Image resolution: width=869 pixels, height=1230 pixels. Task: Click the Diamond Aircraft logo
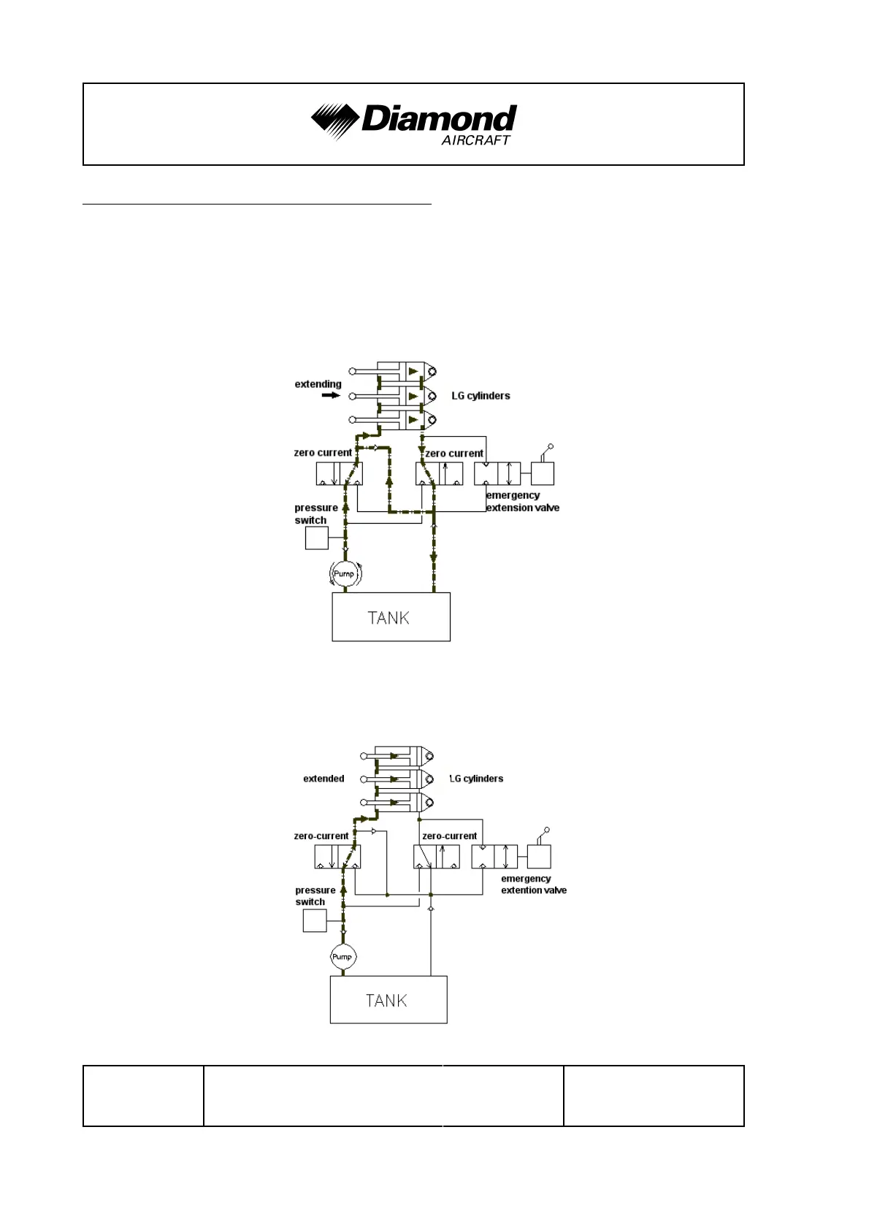coord(413,122)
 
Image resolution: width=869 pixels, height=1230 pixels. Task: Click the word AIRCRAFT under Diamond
coord(475,140)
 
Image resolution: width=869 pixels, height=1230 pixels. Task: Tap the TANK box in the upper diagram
coord(391,617)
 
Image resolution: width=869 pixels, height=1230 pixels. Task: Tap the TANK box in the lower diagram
coord(388,1000)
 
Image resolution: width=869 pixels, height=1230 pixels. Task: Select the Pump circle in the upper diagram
coord(344,573)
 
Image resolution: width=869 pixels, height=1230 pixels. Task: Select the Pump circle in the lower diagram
coord(342,957)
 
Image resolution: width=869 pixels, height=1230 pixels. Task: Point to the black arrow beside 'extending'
coord(331,395)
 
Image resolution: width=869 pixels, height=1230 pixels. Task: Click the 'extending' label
coord(318,384)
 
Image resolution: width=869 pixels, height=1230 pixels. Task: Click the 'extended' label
coord(324,779)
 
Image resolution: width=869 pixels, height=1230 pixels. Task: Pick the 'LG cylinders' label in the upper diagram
coord(481,396)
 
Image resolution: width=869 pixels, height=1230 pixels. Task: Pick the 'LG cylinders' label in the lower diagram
coord(476,779)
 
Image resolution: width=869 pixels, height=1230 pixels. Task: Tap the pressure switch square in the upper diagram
coord(316,538)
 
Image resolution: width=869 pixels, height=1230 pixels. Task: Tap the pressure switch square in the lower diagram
coord(315,920)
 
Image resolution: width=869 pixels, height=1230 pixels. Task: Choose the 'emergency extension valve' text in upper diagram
coord(522,502)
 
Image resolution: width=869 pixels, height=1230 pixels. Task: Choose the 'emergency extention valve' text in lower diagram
coord(533,885)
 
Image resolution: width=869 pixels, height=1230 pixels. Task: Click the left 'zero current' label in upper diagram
coord(323,453)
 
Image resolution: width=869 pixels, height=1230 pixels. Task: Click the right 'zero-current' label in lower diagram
coord(449,836)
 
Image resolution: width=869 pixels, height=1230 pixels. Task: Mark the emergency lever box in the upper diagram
coord(542,473)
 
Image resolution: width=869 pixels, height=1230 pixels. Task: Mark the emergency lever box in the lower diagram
coord(539,856)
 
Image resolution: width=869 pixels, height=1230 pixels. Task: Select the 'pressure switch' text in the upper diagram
coord(315,513)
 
